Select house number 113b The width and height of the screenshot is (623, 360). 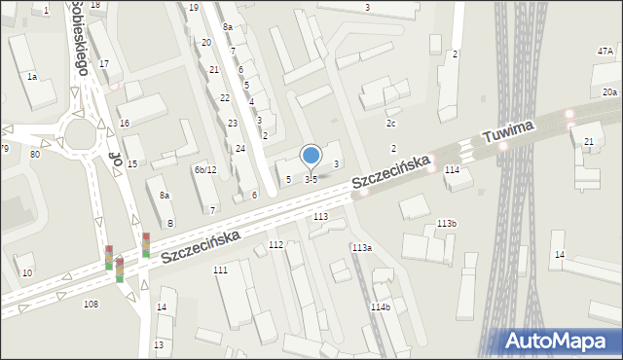click(x=446, y=224)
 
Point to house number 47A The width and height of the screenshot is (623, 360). click(x=605, y=51)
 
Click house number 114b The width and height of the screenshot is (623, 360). click(x=380, y=307)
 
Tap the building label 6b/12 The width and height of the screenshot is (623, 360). click(x=204, y=170)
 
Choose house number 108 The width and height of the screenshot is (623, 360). click(x=91, y=305)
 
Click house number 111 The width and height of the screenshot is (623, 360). click(x=220, y=270)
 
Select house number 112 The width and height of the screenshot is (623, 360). click(x=275, y=244)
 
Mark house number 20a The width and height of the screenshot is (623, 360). click(x=608, y=91)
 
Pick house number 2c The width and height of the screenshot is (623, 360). click(x=390, y=124)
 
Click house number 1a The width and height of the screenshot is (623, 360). click(x=32, y=76)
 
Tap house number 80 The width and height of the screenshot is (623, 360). click(x=35, y=154)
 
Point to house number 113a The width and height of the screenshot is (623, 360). click(x=361, y=248)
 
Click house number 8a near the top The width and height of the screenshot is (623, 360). click(x=227, y=27)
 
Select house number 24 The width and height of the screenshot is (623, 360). click(x=239, y=148)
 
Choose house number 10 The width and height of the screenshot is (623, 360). click(x=27, y=271)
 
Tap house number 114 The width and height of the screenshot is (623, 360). click(x=452, y=169)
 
